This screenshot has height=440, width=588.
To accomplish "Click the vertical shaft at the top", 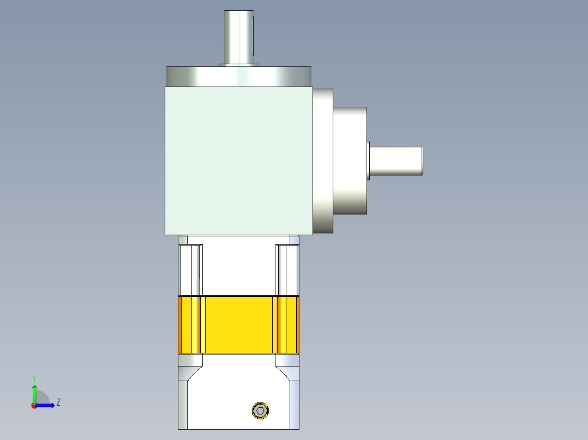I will point(238,37).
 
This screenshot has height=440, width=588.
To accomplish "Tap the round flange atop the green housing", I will point(239,76).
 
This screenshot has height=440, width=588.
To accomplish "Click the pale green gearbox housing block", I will point(238,161).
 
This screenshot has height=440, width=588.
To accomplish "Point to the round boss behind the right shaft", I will point(350,161).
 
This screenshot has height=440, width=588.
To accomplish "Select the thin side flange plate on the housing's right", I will point(323,161).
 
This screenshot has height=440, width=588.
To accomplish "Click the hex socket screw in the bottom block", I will point(261,411).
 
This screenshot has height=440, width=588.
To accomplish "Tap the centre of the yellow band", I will point(238,325).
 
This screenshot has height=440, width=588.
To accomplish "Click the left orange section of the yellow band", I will point(190,325).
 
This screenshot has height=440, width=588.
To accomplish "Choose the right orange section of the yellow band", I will point(288,325).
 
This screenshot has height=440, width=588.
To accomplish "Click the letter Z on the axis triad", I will point(58,402).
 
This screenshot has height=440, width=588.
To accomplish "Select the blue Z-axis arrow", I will point(46,405).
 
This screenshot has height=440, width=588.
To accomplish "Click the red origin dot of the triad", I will point(34,406).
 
